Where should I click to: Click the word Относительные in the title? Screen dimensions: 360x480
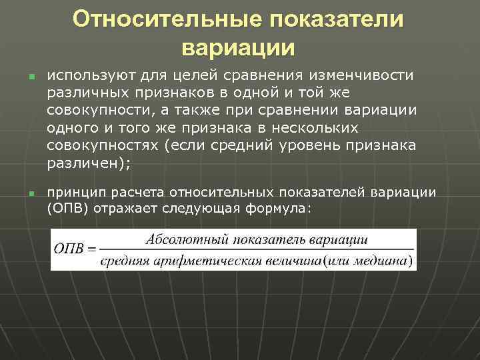click(166, 19)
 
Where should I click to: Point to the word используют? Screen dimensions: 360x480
click(84, 75)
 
